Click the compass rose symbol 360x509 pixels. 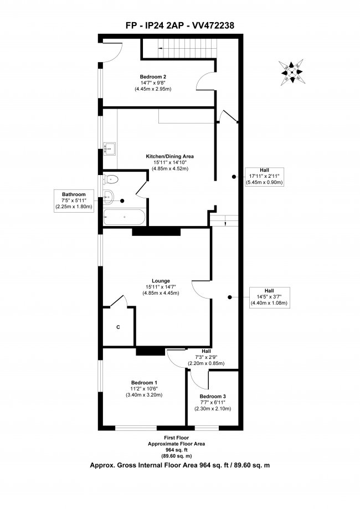tap(291, 72)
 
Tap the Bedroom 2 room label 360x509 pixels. tap(153, 77)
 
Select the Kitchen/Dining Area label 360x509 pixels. tap(170, 156)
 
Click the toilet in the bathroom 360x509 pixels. tap(111, 179)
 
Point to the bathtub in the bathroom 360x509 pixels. tap(124, 217)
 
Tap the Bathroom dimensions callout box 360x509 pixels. tap(74, 200)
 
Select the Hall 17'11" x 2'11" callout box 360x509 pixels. tap(264, 176)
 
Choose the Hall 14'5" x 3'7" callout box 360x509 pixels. tap(269, 297)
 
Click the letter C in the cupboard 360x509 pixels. tap(118, 327)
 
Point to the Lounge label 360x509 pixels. tap(161, 281)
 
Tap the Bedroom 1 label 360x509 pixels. tap(144, 383)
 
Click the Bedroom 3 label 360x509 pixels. tap(213, 397)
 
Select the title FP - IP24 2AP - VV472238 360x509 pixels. tap(180, 25)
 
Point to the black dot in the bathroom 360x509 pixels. tap(122, 201)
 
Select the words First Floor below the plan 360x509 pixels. tap(176, 438)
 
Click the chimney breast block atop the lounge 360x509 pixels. tap(156, 231)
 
